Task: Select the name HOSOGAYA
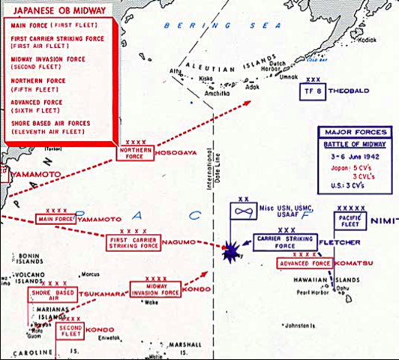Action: tap(178, 153)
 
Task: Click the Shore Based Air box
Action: tap(51, 294)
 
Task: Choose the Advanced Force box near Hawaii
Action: tap(304, 264)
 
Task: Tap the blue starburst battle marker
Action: tap(230, 250)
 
